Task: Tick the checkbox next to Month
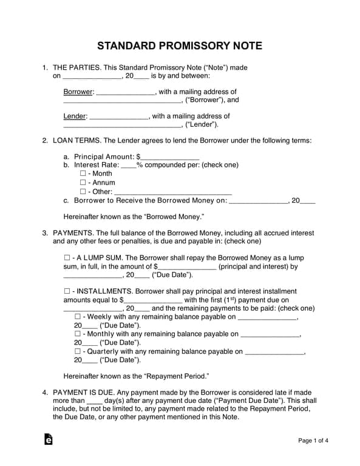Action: click(84, 174)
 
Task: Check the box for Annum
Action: click(84, 183)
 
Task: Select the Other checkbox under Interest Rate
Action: click(84, 192)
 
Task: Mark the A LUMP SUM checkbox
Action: click(67, 257)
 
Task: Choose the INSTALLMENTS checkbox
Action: click(67, 291)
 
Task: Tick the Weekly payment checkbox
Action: click(77, 317)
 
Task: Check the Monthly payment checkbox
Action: click(77, 334)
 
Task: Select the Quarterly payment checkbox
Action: click(77, 351)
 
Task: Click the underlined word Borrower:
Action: click(78, 92)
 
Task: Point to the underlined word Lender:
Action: click(75, 116)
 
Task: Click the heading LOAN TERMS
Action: click(75, 141)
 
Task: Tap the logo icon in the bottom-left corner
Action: click(48, 440)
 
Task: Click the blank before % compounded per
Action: click(129, 165)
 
